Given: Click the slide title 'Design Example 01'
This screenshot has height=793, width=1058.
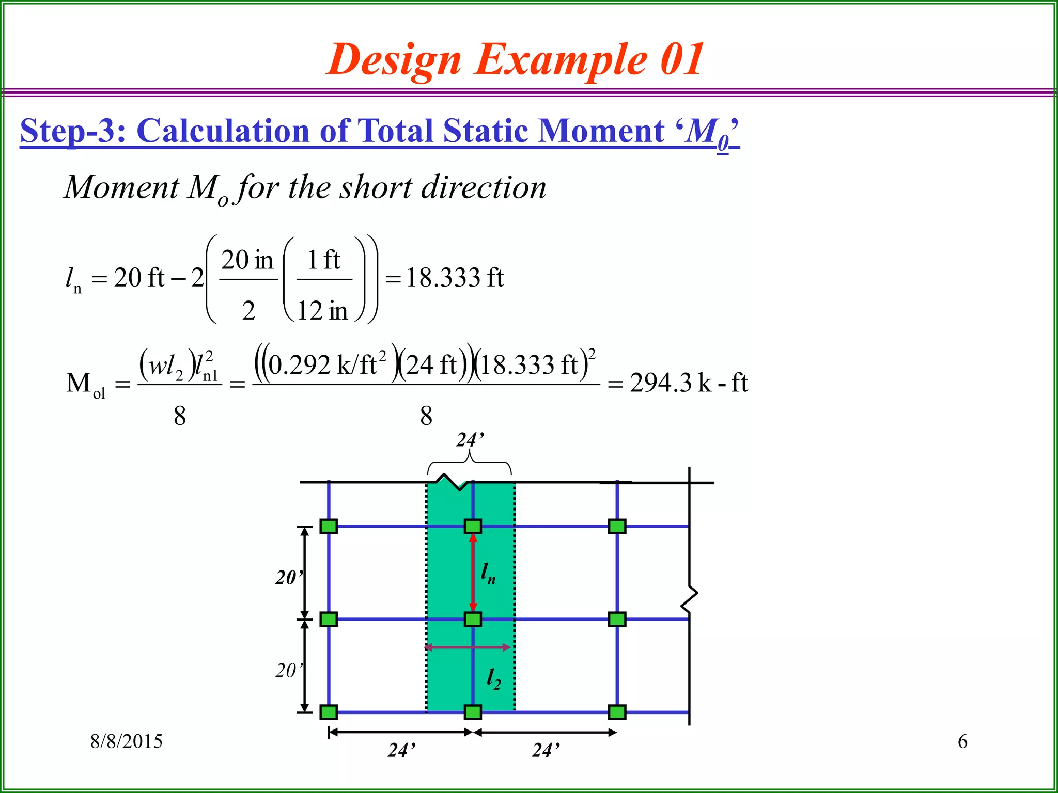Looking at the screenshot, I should pyautogui.click(x=515, y=59).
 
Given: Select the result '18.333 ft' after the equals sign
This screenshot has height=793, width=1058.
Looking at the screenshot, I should pyautogui.click(x=455, y=278).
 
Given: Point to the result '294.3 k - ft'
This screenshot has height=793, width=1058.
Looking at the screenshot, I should pyautogui.click(x=689, y=383).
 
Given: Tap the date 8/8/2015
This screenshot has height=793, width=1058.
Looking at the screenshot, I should pyautogui.click(x=127, y=741).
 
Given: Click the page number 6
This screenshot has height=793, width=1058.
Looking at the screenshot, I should pyautogui.click(x=962, y=741).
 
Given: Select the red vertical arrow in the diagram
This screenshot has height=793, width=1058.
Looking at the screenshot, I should pyautogui.click(x=473, y=573).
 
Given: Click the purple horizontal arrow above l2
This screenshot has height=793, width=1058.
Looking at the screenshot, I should pyautogui.click(x=468, y=647).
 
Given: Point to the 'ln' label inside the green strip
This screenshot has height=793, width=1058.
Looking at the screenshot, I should pyautogui.click(x=488, y=573).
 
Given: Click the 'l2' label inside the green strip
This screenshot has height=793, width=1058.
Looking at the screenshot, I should pyautogui.click(x=493, y=678).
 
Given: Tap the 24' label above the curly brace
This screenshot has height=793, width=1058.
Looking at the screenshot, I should pyautogui.click(x=470, y=440).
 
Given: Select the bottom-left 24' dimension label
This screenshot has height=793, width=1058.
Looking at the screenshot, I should pyautogui.click(x=401, y=750).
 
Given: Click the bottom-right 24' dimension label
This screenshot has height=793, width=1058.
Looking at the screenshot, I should pyautogui.click(x=546, y=750).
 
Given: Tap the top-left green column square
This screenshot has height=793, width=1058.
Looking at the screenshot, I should pyautogui.click(x=329, y=526).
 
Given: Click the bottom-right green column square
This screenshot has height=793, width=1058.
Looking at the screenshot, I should pyautogui.click(x=617, y=712).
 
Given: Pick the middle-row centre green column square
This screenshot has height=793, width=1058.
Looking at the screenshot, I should pyautogui.click(x=473, y=619).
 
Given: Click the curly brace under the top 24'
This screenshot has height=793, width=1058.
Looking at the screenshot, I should pyautogui.click(x=469, y=462).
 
